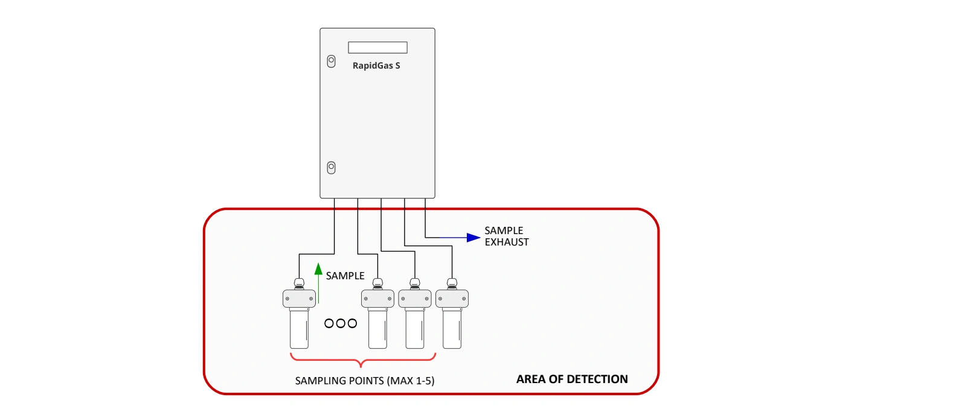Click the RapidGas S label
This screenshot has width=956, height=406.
tap(376, 66)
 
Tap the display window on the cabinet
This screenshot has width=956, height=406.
tap(377, 48)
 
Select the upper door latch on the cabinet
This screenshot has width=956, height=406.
tap(331, 61)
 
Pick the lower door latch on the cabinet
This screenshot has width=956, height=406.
tap(331, 167)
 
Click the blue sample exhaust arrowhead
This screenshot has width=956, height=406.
tap(473, 238)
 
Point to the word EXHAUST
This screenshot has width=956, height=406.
tap(507, 243)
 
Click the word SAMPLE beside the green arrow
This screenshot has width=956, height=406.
tap(345, 276)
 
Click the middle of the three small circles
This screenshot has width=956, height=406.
tap(341, 323)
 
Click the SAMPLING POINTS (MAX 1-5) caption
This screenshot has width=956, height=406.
tap(364, 381)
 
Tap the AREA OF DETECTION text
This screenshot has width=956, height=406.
tap(572, 379)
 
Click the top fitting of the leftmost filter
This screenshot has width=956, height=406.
tap(299, 282)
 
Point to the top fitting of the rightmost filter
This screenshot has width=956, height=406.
tap(452, 282)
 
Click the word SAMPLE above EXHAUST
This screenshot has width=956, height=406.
tap(504, 230)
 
